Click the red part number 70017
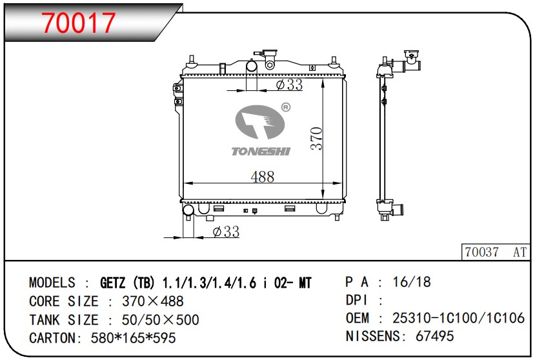(x=79, y=23)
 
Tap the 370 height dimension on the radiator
(x=316, y=138)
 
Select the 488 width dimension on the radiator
(x=263, y=177)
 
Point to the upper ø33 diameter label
(x=289, y=85)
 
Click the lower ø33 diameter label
(x=226, y=232)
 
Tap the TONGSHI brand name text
(x=261, y=151)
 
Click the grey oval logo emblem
(x=259, y=122)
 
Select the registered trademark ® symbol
(x=286, y=108)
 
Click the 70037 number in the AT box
(x=482, y=252)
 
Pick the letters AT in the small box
(x=520, y=252)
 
